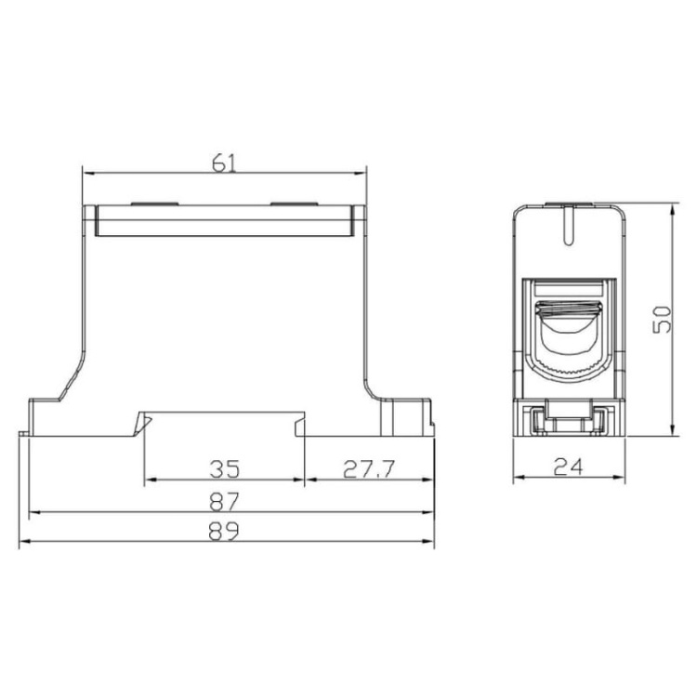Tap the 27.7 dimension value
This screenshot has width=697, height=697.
point(369,467)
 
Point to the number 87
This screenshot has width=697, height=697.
point(225,500)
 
